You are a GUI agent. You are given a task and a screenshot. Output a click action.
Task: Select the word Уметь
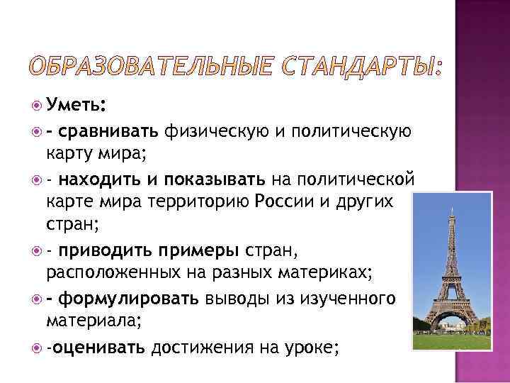(74, 106)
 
